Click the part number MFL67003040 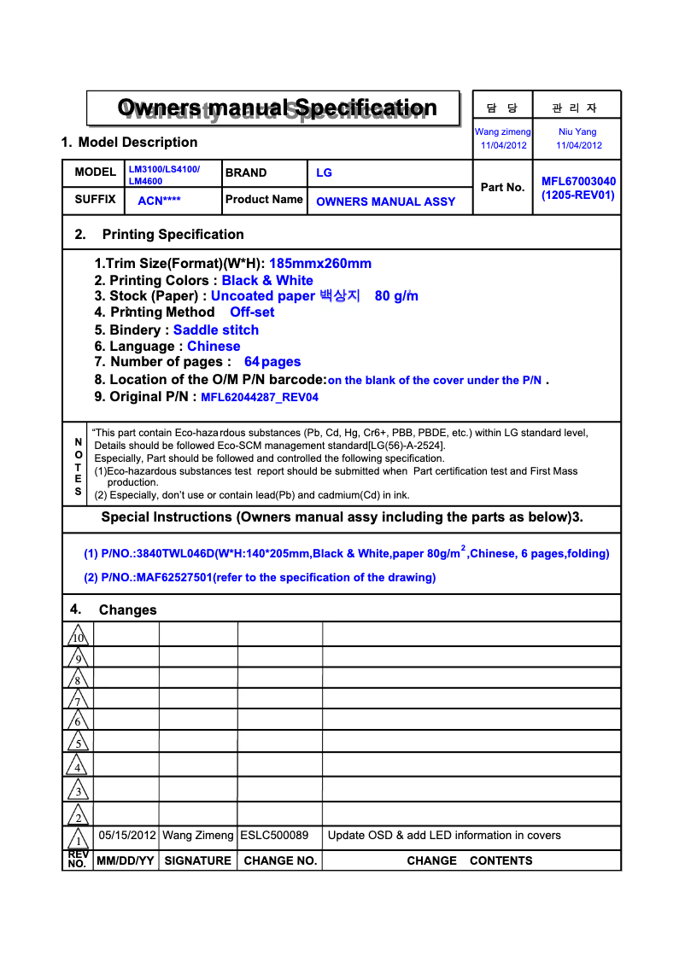pyautogui.click(x=578, y=181)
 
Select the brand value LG pyautogui.click(x=324, y=172)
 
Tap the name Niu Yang pyautogui.click(x=577, y=131)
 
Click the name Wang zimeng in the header pyautogui.click(x=503, y=131)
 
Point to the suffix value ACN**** pyautogui.click(x=159, y=201)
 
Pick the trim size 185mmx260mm pyautogui.click(x=320, y=264)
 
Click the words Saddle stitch pyautogui.click(x=215, y=329)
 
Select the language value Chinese pyautogui.click(x=214, y=346)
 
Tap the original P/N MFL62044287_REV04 pyautogui.click(x=260, y=397)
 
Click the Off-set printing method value pyautogui.click(x=252, y=312)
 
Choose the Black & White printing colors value pyautogui.click(x=267, y=280)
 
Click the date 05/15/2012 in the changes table pyautogui.click(x=127, y=835)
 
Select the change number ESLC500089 pyautogui.click(x=274, y=835)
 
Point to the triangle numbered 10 pyautogui.click(x=78, y=636)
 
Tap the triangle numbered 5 pyautogui.click(x=78, y=743)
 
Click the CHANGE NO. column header pyautogui.click(x=280, y=860)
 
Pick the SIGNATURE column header pyautogui.click(x=197, y=860)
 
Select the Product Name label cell pyautogui.click(x=264, y=200)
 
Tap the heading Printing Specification pyautogui.click(x=173, y=234)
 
